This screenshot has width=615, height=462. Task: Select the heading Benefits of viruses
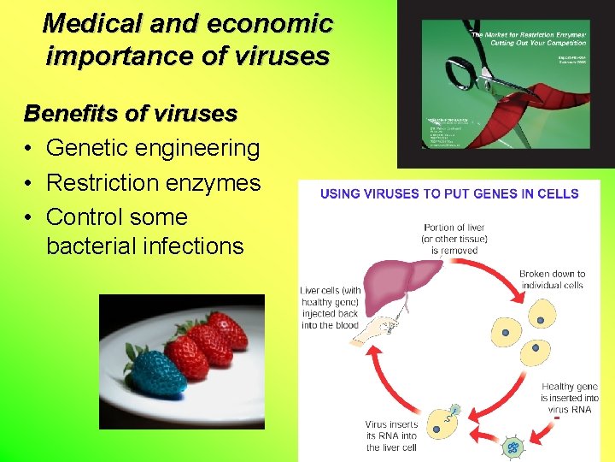tap(131, 113)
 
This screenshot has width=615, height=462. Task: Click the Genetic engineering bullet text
tap(153, 148)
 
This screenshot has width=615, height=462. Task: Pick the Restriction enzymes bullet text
tap(153, 182)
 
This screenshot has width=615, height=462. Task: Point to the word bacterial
tap(94, 246)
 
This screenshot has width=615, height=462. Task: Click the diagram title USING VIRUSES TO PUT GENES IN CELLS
tap(449, 193)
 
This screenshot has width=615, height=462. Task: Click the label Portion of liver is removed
tap(454, 238)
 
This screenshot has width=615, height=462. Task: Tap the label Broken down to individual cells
tap(552, 279)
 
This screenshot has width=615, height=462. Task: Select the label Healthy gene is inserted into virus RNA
tap(570, 398)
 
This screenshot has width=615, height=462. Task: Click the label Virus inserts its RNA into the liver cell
tap(391, 435)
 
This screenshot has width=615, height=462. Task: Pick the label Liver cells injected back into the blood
tap(330, 308)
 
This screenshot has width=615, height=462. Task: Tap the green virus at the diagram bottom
tap(513, 447)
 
